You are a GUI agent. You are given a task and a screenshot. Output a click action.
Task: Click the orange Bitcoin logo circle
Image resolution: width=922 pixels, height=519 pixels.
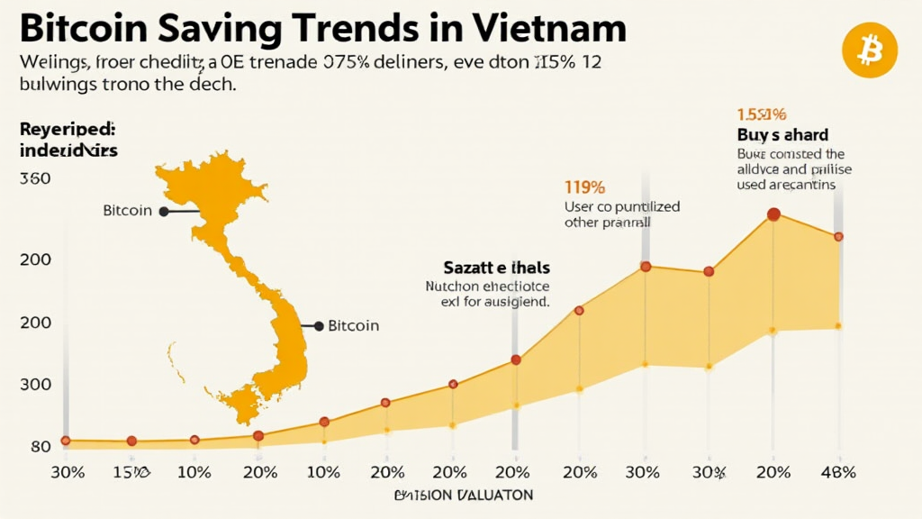click(870, 50)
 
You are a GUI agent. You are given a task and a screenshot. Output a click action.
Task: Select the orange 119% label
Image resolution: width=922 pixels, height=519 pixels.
click(584, 187)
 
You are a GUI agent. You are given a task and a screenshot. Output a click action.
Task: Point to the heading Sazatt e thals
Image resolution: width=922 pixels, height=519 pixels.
click(496, 268)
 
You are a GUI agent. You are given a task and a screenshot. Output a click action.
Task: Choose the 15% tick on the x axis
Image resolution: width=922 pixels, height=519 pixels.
click(131, 472)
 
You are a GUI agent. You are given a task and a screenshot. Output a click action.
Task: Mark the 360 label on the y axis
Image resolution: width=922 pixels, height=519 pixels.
click(34, 178)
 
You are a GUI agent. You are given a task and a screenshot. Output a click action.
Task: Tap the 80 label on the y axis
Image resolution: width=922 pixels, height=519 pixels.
click(40, 447)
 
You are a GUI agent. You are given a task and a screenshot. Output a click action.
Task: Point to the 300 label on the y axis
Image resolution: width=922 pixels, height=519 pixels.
click(34, 385)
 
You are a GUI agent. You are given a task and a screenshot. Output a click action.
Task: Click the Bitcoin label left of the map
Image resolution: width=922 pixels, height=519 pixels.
click(127, 211)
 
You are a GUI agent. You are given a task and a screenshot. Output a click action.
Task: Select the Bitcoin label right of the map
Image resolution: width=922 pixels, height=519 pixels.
click(353, 325)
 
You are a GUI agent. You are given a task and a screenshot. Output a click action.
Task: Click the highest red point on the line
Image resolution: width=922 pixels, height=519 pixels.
click(773, 214)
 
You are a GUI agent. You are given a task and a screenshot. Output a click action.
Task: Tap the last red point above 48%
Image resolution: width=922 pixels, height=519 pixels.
click(838, 237)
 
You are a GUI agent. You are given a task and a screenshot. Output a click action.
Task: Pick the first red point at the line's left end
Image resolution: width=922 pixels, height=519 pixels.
click(65, 441)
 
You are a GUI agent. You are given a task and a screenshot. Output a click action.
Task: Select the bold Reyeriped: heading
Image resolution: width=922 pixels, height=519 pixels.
click(60, 130)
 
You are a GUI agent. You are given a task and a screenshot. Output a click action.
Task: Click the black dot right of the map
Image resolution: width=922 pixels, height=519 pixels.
click(318, 325)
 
